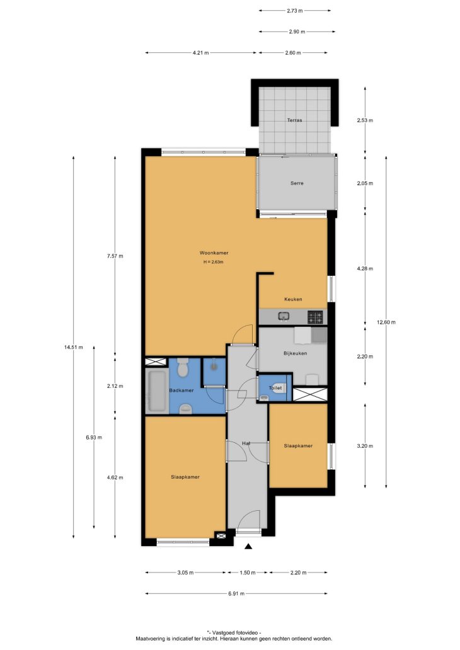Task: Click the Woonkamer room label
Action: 214,253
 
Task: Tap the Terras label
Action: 294,120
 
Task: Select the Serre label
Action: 297,183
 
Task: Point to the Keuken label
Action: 293,299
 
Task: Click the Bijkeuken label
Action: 296,353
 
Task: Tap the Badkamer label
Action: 181,391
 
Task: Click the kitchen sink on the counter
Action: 284,317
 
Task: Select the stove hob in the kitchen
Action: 315,317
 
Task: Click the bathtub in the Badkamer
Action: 157,392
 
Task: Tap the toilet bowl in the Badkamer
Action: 182,367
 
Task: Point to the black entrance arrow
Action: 248,547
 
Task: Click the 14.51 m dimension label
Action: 74,348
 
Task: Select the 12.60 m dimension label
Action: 386,322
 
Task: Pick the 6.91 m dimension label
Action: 236,593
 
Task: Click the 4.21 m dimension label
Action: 201,53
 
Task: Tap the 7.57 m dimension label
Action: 115,256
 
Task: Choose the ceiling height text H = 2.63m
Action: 213,262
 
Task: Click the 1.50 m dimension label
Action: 248,573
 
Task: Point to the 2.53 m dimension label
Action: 365,121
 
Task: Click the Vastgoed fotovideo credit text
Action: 234,632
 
